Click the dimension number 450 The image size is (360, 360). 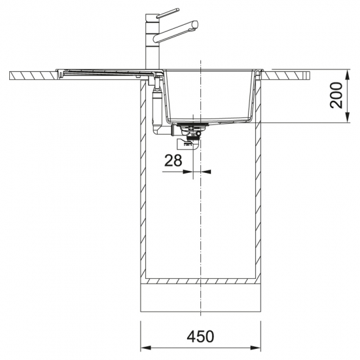pyautogui.click(x=200, y=336)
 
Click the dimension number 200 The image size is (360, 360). pyautogui.click(x=336, y=96)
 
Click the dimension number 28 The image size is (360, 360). pyautogui.click(x=173, y=160)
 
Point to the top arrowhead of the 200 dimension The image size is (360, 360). pyautogui.click(x=348, y=75)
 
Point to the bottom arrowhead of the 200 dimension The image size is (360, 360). pyautogui.click(x=348, y=117)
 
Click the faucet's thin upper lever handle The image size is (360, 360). pyautogui.click(x=168, y=13)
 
